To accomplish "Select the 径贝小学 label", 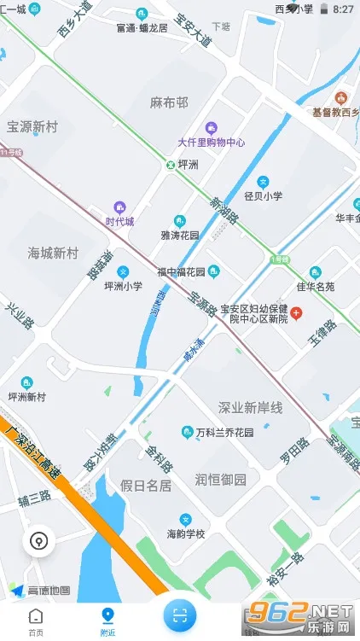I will click(x=263, y=195).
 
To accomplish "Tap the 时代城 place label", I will click(x=119, y=221).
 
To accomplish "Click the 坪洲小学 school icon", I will click(x=123, y=271).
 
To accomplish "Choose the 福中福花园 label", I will click(x=181, y=272).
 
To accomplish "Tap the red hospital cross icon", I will click(x=296, y=314).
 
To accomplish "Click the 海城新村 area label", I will click(x=52, y=253).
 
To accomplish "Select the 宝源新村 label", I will click(x=32, y=125).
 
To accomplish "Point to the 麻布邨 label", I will click(x=168, y=102).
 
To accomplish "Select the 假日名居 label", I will click(x=146, y=487).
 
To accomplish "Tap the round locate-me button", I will click(x=38, y=540).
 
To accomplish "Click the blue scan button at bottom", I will click(x=180, y=613).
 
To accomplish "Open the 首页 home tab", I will click(x=36, y=621).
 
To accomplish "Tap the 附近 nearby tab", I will click(x=107, y=621).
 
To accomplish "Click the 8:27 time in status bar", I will click(x=343, y=9).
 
